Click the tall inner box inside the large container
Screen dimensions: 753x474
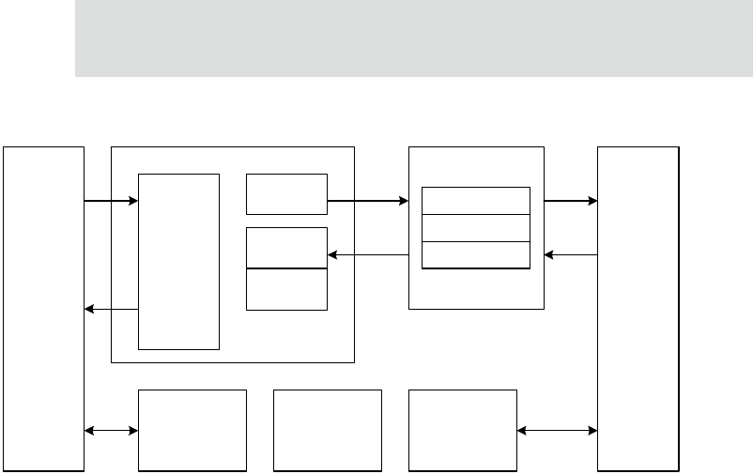click(178, 260)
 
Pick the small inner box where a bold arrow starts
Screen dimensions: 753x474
click(286, 193)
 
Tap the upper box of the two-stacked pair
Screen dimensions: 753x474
click(286, 248)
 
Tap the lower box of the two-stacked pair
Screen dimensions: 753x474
click(286, 289)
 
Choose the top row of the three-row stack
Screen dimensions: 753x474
click(476, 201)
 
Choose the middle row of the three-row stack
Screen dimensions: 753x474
click(476, 227)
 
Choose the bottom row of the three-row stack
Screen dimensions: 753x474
click(476, 254)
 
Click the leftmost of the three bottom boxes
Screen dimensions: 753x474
click(192, 429)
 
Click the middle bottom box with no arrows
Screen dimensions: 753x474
click(328, 429)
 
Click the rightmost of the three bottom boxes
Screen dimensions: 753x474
click(463, 429)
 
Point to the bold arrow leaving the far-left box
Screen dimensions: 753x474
click(112, 200)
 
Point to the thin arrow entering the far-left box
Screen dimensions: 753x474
click(112, 309)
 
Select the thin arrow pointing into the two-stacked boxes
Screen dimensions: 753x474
click(368, 254)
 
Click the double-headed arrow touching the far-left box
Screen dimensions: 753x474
click(112, 431)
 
